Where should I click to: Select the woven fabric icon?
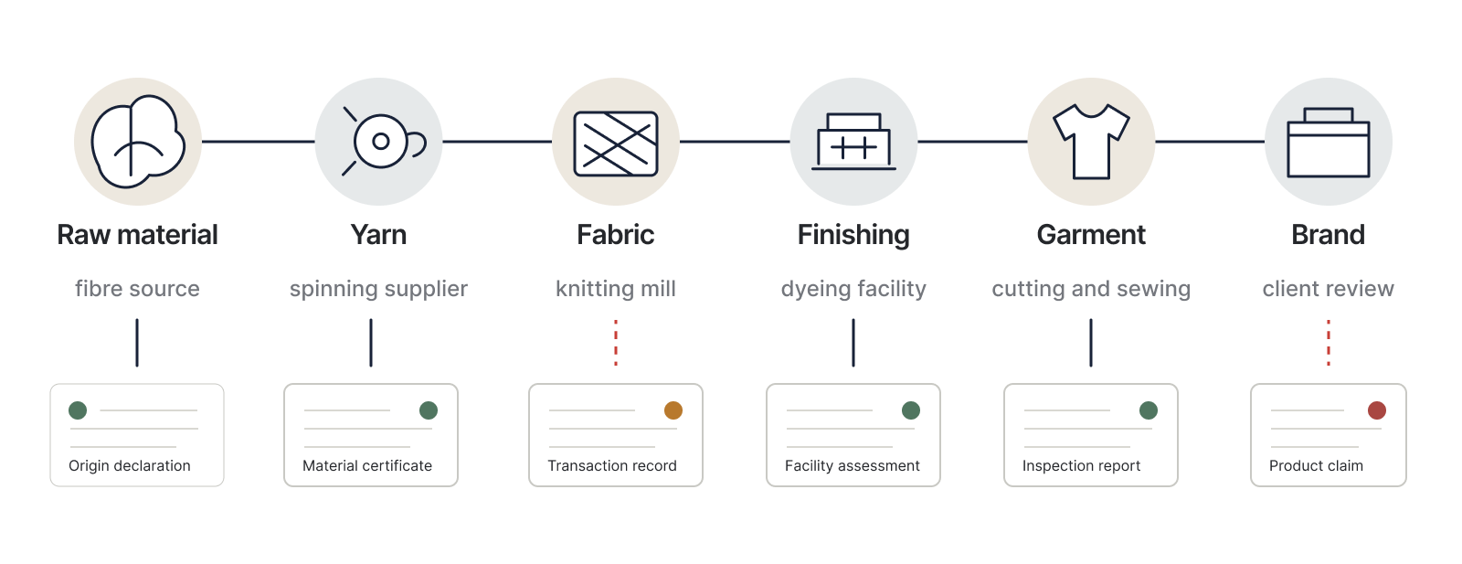[616, 144]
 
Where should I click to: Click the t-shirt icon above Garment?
[1091, 142]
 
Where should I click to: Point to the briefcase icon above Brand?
[1329, 143]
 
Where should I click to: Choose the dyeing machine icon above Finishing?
[853, 142]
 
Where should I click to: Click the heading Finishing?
[853, 235]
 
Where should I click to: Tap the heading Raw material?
[137, 235]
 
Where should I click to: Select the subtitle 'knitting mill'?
[616, 289]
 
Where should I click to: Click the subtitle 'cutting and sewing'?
[1091, 289]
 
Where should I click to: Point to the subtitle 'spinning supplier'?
[378, 289]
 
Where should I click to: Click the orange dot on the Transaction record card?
[673, 410]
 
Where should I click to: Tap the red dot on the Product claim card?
[1376, 410]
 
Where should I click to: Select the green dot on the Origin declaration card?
[78, 410]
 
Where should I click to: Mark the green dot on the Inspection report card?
[1148, 410]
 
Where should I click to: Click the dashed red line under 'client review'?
[1329, 343]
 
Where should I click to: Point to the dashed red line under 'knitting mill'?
[616, 343]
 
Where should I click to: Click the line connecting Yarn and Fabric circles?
[497, 141]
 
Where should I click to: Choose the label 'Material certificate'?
[366, 465]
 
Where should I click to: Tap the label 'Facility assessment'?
[852, 465]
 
